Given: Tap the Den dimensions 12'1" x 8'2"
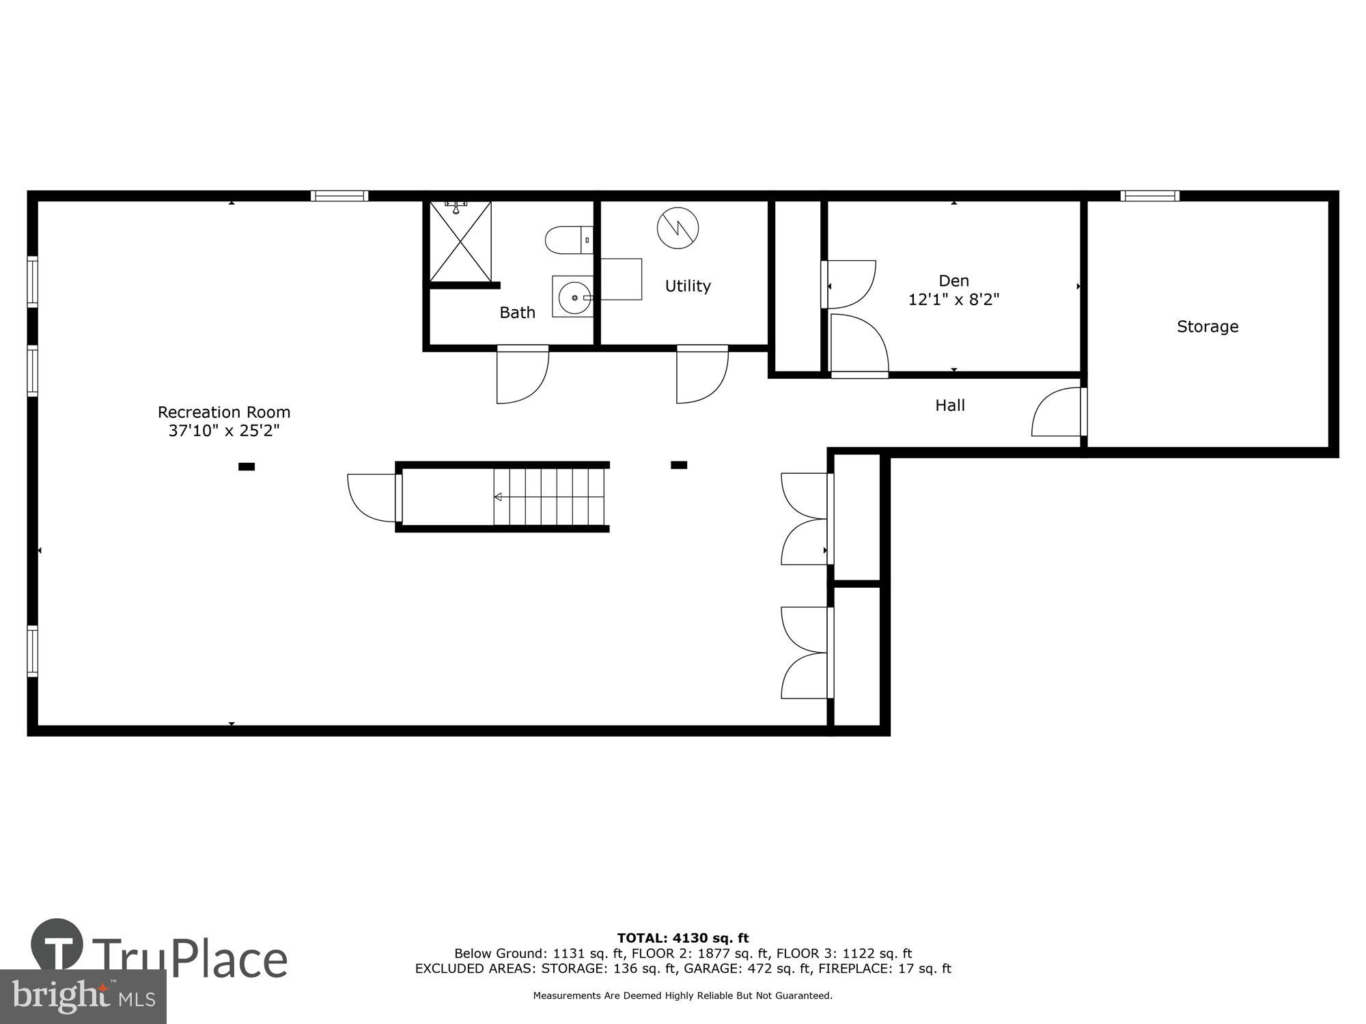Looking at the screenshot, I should pyautogui.click(x=953, y=300).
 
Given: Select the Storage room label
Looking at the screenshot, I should pyautogui.click(x=1207, y=326).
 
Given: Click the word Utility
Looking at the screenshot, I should pyautogui.click(x=688, y=286).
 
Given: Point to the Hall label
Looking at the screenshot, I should pyautogui.click(x=949, y=406).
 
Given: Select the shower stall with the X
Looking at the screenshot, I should pyautogui.click(x=460, y=241).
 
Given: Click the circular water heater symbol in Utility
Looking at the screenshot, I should pyautogui.click(x=678, y=228).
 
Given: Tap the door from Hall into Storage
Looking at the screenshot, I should pyautogui.click(x=1057, y=413).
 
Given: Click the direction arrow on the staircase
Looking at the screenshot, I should pyautogui.click(x=498, y=497).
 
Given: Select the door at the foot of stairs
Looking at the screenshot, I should pyautogui.click(x=372, y=497).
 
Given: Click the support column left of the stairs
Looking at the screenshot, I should pyautogui.click(x=247, y=467).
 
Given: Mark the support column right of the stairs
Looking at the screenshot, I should pyautogui.click(x=678, y=465).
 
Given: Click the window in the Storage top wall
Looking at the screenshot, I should pyautogui.click(x=1149, y=197).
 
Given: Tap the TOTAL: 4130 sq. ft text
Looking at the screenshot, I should pyautogui.click(x=682, y=938).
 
